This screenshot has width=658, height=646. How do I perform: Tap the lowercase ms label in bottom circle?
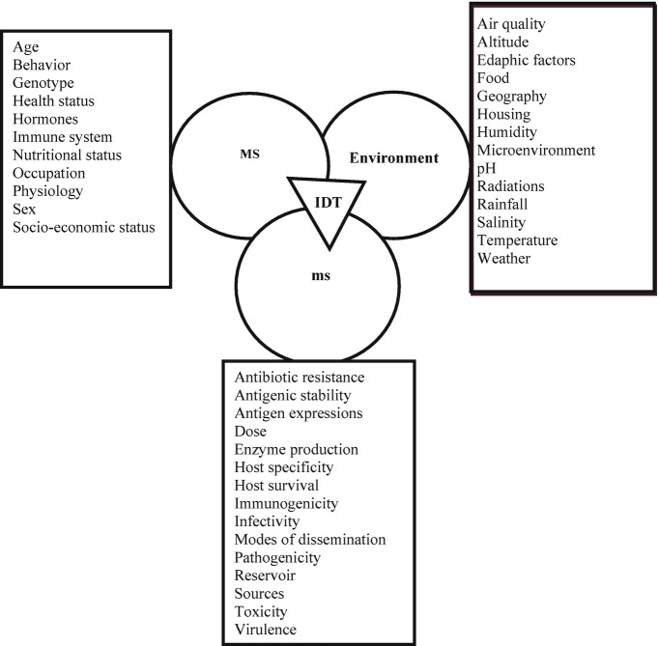321,276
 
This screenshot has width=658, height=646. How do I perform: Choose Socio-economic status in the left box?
85,227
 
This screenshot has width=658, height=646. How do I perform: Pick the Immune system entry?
62,137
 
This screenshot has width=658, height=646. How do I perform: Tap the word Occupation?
49,173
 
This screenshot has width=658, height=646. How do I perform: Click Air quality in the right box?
511,23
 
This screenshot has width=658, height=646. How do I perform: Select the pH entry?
486,168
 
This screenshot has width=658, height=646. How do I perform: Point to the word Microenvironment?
536,150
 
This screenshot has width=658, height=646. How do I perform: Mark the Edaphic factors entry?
526,60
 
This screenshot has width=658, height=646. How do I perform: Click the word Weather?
504,258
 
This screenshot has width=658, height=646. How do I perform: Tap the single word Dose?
250,432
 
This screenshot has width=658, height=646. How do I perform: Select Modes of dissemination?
310,539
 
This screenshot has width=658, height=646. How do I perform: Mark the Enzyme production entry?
297,449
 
